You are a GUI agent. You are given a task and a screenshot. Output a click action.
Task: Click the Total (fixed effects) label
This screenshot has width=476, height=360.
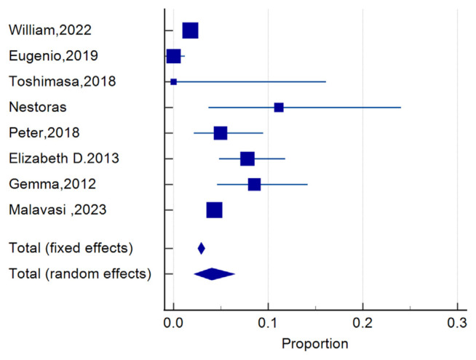pyautogui.click(x=70, y=249)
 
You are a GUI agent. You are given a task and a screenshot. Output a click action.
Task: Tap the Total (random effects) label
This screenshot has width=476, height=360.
pyautogui.click(x=79, y=274)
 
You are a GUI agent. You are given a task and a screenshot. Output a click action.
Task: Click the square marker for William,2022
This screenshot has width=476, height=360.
pyautogui.click(x=190, y=31)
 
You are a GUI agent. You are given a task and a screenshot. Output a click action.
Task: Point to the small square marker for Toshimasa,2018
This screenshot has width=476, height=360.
pyautogui.click(x=173, y=81)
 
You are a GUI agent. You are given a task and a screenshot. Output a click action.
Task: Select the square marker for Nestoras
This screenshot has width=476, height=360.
pyautogui.click(x=279, y=108)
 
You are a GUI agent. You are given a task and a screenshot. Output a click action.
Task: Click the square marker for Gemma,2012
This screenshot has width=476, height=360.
pyautogui.click(x=254, y=184)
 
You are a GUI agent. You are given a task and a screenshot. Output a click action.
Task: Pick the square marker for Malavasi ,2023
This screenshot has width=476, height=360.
pyautogui.click(x=214, y=210)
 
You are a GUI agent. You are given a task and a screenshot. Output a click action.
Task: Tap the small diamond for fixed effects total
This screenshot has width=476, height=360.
pyautogui.click(x=202, y=249)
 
